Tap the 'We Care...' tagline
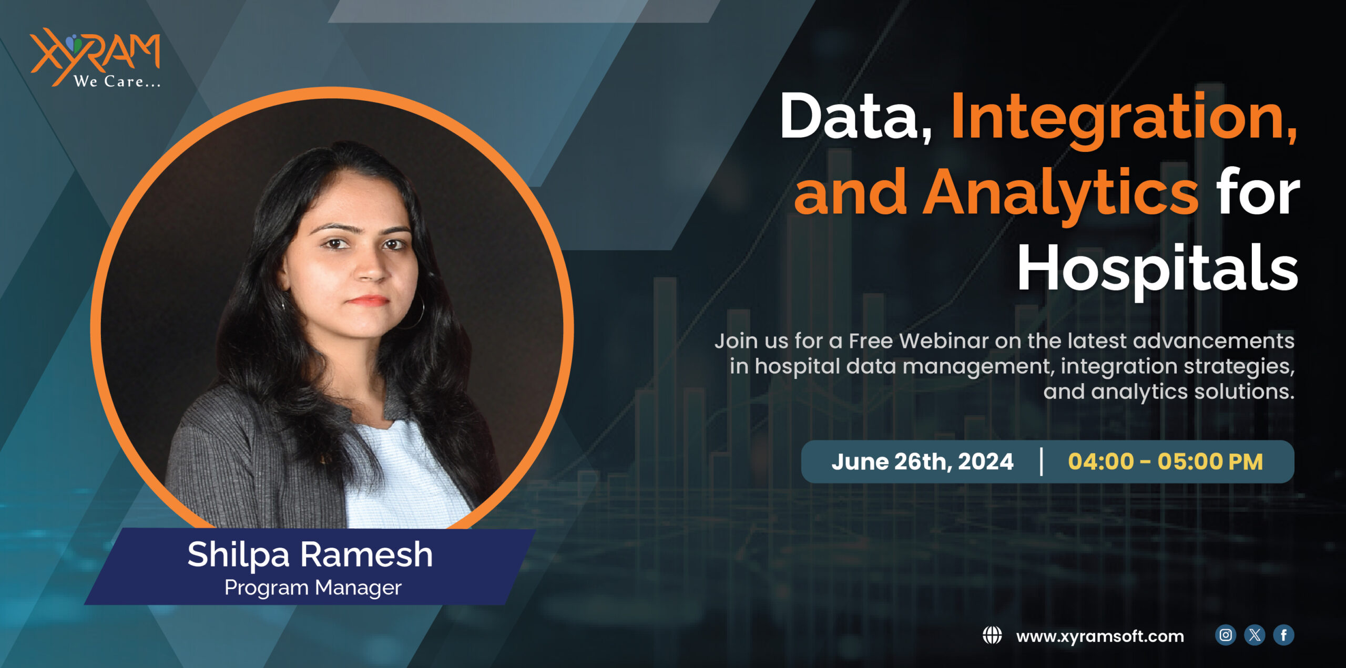(x=117, y=81)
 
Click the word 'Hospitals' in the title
(x=1157, y=269)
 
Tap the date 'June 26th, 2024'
(x=922, y=462)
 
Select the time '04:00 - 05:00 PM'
(x=1165, y=462)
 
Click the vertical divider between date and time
(x=1041, y=461)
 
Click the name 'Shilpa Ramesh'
(x=310, y=554)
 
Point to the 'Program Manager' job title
(x=313, y=588)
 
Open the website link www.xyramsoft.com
(x=1100, y=636)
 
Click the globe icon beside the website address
(x=992, y=635)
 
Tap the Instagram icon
(x=1226, y=635)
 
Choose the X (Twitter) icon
(x=1255, y=635)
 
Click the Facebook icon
(x=1283, y=635)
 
